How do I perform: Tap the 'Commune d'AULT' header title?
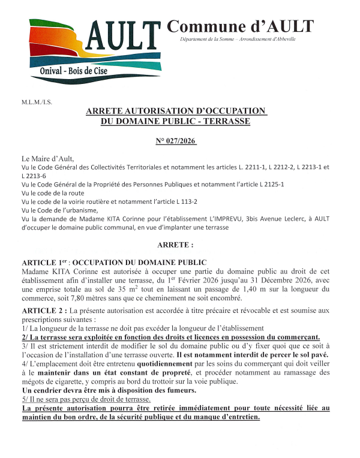click(x=240, y=26)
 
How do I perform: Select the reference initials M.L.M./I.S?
click(x=37, y=102)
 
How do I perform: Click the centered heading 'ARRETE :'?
click(x=175, y=246)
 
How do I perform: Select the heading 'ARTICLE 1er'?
click(x=44, y=263)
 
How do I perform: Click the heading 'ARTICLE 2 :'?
click(x=44, y=310)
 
